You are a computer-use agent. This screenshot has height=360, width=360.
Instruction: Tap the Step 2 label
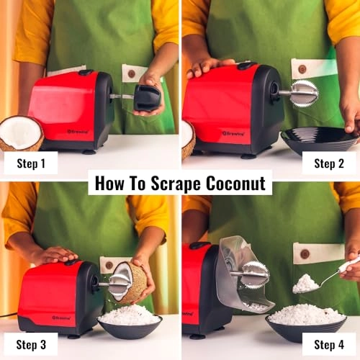tap(333, 163)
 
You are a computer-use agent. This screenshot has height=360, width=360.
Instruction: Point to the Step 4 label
tap(333, 344)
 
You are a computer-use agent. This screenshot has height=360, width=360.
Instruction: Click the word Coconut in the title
tap(233, 182)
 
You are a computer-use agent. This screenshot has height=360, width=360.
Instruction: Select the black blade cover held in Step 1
tap(147, 97)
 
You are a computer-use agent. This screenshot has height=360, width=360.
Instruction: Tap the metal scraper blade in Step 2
tap(304, 93)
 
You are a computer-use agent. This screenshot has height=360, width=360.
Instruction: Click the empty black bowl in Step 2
tap(319, 139)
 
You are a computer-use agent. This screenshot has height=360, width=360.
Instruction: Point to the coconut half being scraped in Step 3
tap(130, 282)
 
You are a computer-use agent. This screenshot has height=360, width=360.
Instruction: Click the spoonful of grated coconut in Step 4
tap(306, 284)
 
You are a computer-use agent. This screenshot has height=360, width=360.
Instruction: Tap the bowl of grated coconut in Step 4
tap(305, 318)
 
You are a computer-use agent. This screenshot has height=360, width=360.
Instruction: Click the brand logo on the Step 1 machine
tap(77, 131)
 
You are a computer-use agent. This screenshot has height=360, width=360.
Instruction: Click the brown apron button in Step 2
tap(302, 69)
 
